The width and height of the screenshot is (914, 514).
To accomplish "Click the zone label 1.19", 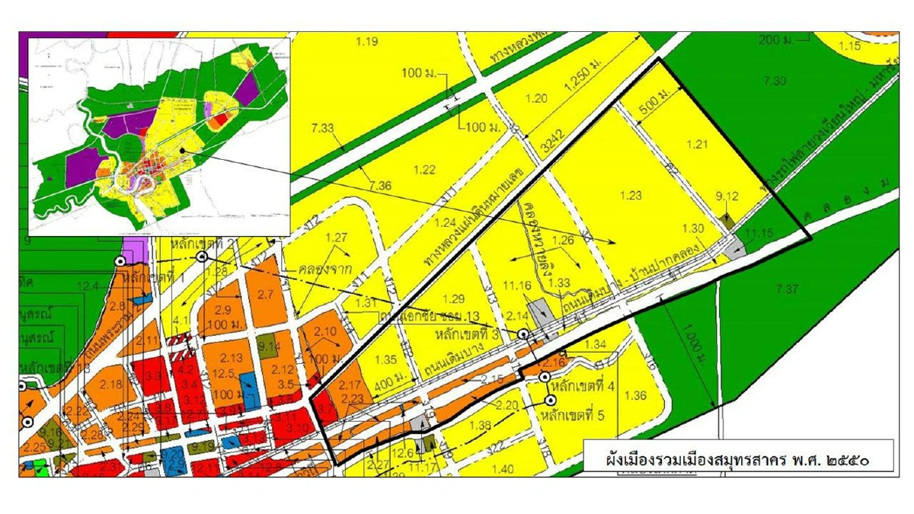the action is click(x=367, y=41).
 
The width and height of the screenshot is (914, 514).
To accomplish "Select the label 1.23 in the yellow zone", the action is click(x=631, y=195).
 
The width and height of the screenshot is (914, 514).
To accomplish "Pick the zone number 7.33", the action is click(x=323, y=129).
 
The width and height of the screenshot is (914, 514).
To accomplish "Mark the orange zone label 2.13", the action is click(x=231, y=358).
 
